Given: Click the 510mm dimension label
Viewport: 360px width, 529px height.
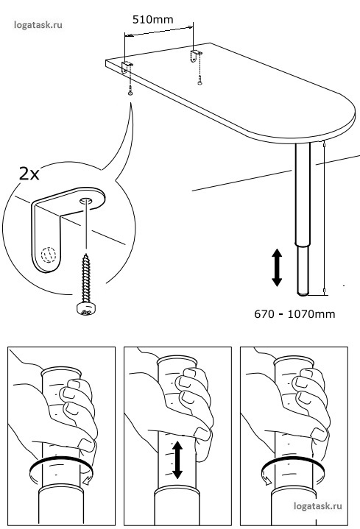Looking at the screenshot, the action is [x=152, y=19].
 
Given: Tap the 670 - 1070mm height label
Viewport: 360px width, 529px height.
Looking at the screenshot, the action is [x=294, y=314].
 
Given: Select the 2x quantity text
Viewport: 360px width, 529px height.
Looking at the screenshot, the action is [x=29, y=174].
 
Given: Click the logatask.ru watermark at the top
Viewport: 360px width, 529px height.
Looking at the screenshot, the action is [x=38, y=24].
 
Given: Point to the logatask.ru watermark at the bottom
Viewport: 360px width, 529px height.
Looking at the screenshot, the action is [x=318, y=505].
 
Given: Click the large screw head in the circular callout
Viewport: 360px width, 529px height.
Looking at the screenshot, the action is [x=86, y=308].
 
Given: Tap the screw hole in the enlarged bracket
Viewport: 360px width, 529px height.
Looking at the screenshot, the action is [x=85, y=201].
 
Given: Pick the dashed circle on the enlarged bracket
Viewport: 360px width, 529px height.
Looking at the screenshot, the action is [x=48, y=255].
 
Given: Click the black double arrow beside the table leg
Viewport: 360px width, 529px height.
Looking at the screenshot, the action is [x=277, y=268].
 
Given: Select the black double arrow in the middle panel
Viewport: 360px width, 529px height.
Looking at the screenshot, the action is [x=177, y=460].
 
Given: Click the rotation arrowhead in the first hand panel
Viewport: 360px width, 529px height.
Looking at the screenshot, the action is [x=87, y=480].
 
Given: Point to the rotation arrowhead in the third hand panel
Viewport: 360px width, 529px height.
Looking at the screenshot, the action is [x=267, y=480].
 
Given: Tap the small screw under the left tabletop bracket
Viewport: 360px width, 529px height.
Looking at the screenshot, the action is [x=130, y=92].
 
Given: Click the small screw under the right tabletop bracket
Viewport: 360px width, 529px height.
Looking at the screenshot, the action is [x=200, y=82].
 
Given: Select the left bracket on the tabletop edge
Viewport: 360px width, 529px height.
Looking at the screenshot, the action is [x=126, y=68].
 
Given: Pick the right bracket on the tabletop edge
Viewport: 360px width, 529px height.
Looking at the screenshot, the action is [x=195, y=56].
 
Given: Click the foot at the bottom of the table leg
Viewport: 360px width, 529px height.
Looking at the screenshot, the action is [x=303, y=294].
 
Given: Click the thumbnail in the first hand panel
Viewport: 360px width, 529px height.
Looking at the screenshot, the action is [x=85, y=444].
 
